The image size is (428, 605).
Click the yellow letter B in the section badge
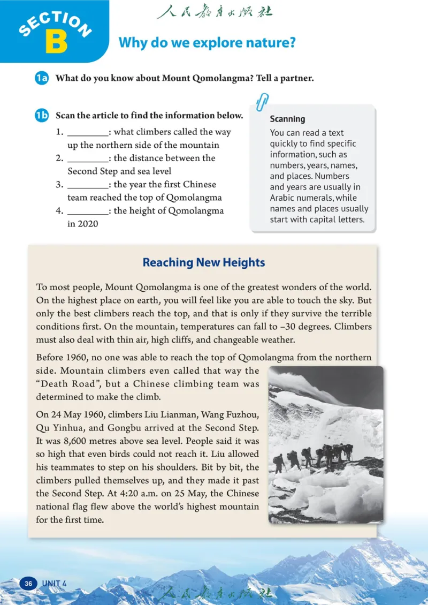tap(56, 41)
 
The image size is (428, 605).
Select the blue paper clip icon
tap(263, 101)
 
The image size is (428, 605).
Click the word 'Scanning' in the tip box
tap(287, 119)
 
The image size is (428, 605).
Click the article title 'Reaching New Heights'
tap(203, 262)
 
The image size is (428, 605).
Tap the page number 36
tap(28, 583)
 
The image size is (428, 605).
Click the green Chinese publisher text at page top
tap(214, 12)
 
